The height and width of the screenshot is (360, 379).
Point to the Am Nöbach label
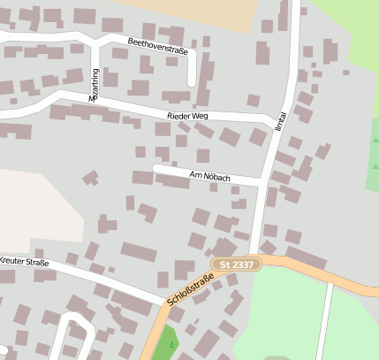coord(210,177)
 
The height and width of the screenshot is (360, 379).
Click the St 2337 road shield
coord(237,264)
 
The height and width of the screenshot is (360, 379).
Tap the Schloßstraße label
coord(189,290)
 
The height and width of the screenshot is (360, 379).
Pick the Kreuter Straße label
coord(24,262)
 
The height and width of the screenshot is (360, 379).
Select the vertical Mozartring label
coord(94,86)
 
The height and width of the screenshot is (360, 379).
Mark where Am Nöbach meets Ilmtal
coord(262,182)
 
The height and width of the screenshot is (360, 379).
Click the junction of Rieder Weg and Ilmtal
coord(274,119)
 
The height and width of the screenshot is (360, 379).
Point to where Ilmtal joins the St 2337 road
coord(254,257)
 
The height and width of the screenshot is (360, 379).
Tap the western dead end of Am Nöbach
coord(155,167)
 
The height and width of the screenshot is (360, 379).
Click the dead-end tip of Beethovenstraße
coord(192,83)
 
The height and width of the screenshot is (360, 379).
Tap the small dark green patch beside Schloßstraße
coord(164,343)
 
